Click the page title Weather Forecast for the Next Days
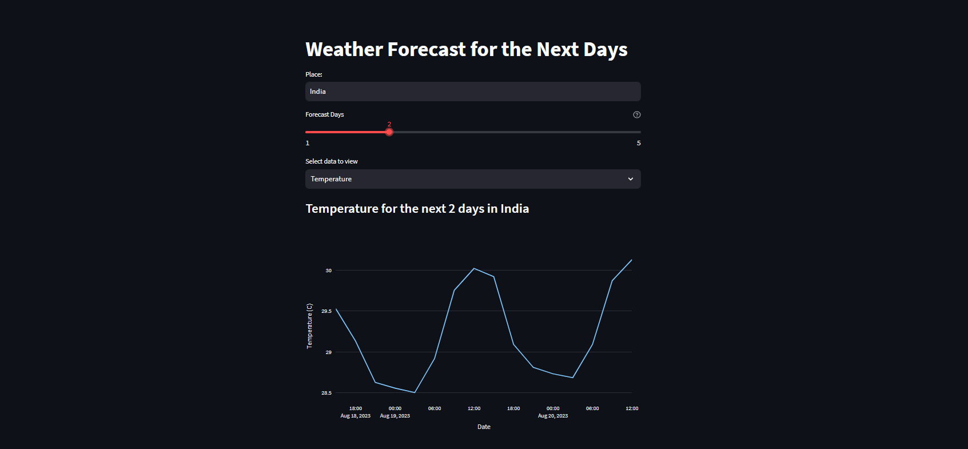(466, 50)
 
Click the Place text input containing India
(472, 92)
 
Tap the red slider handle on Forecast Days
(389, 132)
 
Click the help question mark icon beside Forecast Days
(636, 115)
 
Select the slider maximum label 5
(639, 143)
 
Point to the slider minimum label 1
(308, 143)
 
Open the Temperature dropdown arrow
(630, 179)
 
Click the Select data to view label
(332, 161)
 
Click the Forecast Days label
(325, 115)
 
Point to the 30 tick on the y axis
(328, 271)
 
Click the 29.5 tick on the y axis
(326, 311)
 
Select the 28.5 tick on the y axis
(326, 393)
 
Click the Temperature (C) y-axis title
(309, 326)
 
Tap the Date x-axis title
(484, 427)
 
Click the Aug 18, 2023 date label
(355, 416)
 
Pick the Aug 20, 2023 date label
(553, 416)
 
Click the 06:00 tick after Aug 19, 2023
(435, 408)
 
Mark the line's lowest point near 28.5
(415, 392)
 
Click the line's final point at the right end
(631, 260)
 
